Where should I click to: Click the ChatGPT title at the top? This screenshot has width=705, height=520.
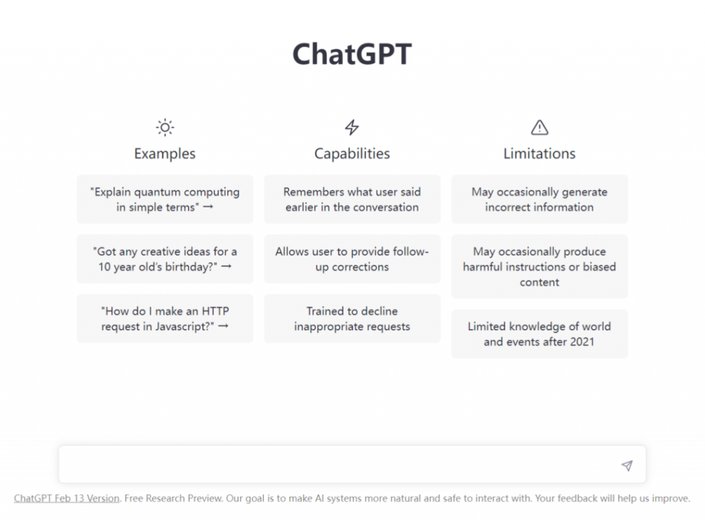tap(352, 54)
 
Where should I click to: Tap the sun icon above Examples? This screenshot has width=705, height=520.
tap(165, 127)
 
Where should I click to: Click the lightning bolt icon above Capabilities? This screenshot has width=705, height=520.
tap(352, 127)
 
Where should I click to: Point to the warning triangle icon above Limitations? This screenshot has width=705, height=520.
tap(539, 127)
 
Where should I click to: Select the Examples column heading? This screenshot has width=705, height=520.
tap(165, 153)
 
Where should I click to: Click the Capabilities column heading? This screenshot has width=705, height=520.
tap(352, 153)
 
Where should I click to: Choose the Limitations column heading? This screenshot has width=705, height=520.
tap(539, 153)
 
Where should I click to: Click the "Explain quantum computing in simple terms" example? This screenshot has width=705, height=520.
tap(165, 199)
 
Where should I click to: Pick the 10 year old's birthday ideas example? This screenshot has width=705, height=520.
tap(165, 259)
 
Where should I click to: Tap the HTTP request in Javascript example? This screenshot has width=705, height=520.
tap(165, 318)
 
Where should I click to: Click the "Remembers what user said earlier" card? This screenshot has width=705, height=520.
tap(352, 199)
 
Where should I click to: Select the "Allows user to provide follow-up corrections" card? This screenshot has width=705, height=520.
tap(352, 259)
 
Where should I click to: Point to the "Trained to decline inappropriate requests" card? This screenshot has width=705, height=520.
tap(352, 318)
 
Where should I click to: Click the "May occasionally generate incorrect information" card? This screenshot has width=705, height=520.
tap(539, 199)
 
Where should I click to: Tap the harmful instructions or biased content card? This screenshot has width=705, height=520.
tap(539, 267)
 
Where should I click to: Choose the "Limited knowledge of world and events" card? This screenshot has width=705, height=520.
tap(539, 334)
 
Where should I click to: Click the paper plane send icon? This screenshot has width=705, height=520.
tap(627, 466)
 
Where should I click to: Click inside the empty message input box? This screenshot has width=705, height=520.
tap(330, 465)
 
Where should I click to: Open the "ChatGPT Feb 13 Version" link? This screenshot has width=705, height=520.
tap(67, 498)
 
